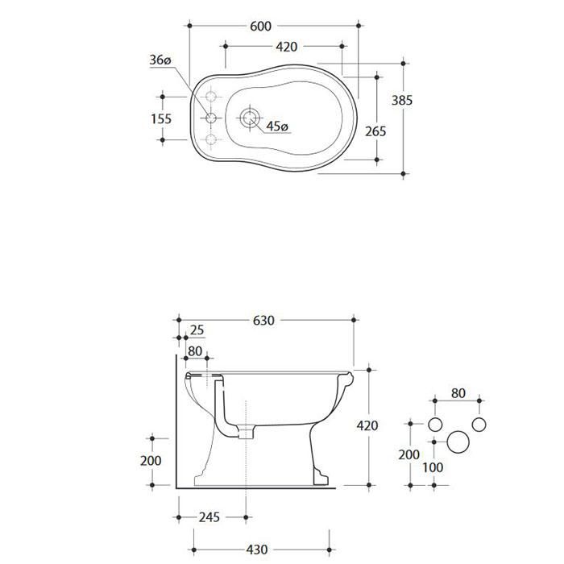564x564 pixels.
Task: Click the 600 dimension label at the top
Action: click(260, 27)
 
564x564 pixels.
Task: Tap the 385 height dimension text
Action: click(402, 101)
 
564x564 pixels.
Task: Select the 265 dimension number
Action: click(375, 131)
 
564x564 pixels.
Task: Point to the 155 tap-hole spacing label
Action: click(161, 118)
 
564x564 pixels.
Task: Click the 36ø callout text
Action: click(160, 60)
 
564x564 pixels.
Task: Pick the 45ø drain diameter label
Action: click(277, 126)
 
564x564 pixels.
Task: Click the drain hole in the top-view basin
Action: click(249, 118)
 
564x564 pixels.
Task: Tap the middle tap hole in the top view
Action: click(211, 118)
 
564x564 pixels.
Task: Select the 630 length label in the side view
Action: click(263, 321)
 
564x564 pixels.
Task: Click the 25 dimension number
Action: click(197, 330)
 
